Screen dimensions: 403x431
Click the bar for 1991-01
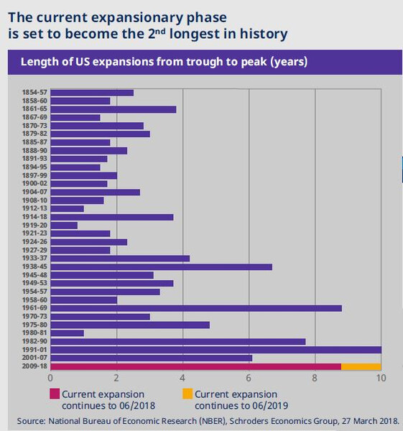(216, 350)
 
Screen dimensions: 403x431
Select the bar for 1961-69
(196, 308)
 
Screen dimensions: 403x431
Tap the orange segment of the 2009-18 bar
(361, 366)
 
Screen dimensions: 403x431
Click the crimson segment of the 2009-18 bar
(195, 366)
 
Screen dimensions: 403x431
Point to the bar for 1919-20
(64, 226)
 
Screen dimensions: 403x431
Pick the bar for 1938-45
(162, 267)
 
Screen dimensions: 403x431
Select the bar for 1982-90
(178, 342)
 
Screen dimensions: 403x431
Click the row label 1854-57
(34, 93)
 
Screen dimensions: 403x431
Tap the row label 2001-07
(34, 358)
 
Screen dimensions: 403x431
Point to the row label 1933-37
(34, 258)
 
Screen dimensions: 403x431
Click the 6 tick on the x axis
(249, 379)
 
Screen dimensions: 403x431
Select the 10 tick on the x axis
(381, 379)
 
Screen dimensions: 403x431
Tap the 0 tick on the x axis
(50, 379)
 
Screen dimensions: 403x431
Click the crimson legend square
(55, 394)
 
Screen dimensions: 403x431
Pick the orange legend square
(187, 394)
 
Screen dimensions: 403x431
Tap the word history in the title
(264, 34)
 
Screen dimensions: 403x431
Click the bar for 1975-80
(130, 325)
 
